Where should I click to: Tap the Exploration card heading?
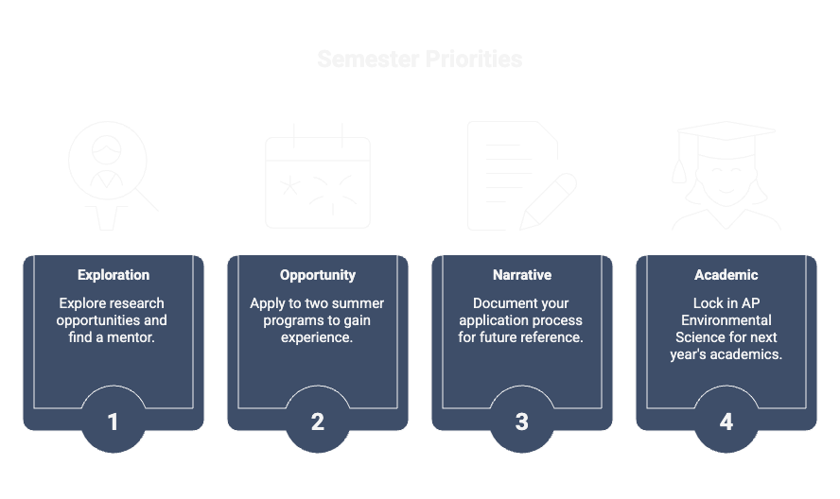coord(114,275)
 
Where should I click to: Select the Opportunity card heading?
coord(318,275)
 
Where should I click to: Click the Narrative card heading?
coord(522,275)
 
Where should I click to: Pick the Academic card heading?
coord(726,275)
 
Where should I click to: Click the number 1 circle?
coord(114,422)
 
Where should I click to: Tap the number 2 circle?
coord(318,422)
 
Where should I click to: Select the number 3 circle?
coord(522,422)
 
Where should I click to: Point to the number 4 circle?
coord(726,422)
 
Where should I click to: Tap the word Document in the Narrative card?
coord(504,303)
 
